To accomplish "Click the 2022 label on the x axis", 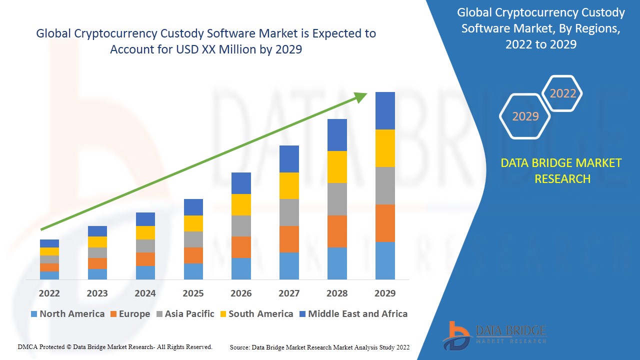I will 49,293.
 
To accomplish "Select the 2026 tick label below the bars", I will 241,293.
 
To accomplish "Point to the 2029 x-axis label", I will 385,293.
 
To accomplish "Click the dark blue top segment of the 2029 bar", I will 385,110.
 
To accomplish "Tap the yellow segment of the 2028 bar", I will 337,166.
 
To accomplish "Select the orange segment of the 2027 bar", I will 289,239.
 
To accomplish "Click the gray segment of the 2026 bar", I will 241,225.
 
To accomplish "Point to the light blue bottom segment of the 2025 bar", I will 193,271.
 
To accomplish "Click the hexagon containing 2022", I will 562,93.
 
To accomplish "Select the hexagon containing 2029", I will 525,116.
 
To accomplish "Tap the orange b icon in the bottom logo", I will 456,334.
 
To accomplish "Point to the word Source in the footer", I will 239,347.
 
